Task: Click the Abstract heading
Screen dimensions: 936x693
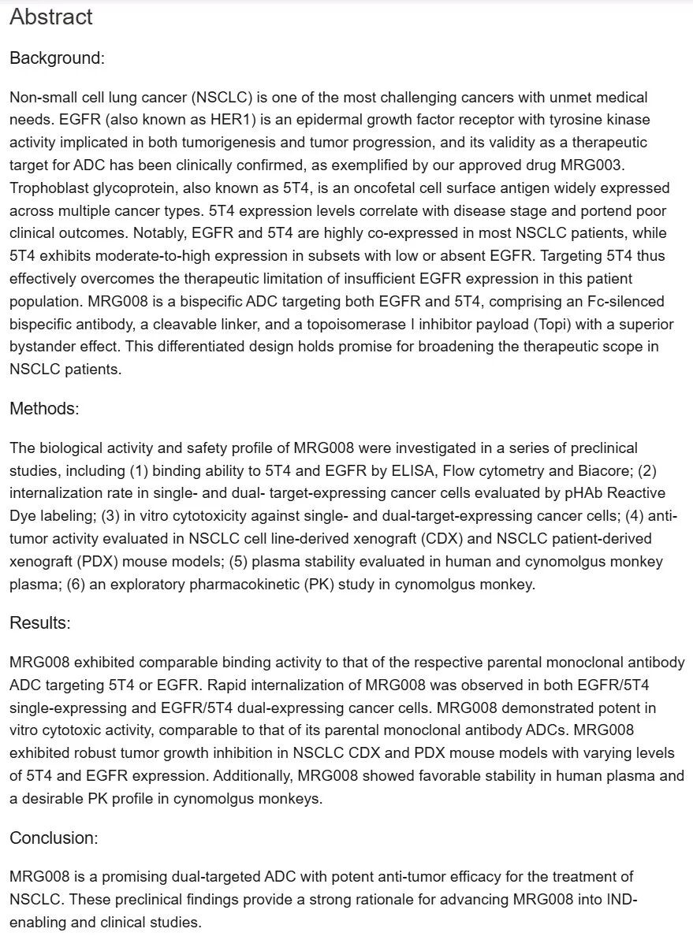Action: pos(51,17)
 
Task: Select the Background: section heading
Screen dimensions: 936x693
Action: pos(57,58)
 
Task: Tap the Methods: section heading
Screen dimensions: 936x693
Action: pos(44,408)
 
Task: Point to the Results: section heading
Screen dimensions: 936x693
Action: pos(40,623)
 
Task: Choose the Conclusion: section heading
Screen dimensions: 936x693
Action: pos(54,838)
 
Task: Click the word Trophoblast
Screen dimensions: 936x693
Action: pos(47,188)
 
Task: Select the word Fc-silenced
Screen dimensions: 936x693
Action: pos(624,302)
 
